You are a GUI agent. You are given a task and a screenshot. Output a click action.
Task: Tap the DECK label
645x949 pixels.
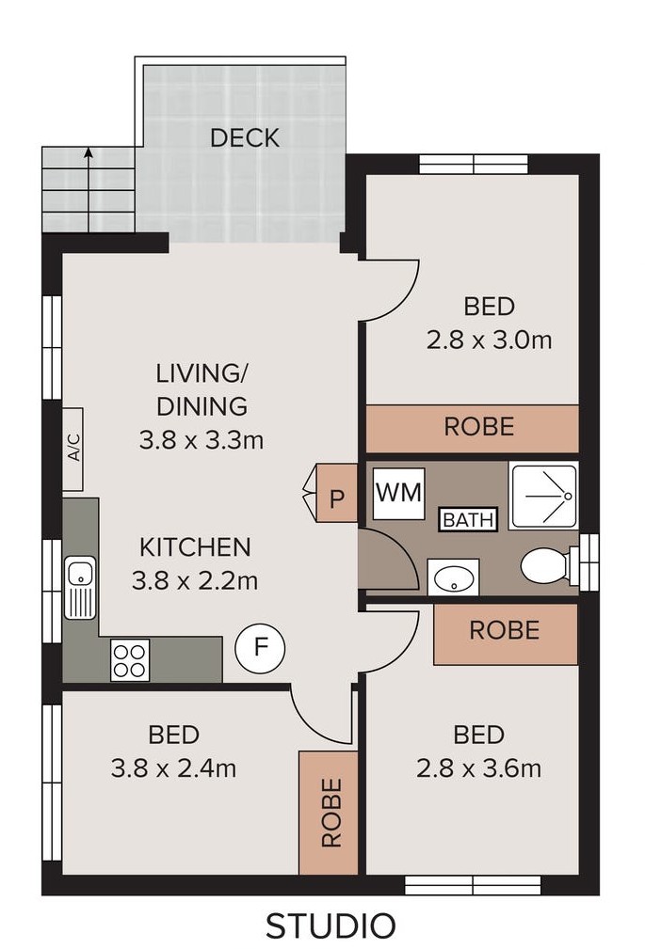(x=245, y=138)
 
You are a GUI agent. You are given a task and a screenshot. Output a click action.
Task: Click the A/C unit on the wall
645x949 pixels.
(x=73, y=449)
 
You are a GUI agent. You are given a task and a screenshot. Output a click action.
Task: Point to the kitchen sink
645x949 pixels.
(x=80, y=587)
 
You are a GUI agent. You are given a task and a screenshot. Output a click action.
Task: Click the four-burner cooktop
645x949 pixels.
(x=130, y=660)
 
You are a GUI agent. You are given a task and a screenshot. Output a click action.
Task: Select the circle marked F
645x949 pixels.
(x=260, y=648)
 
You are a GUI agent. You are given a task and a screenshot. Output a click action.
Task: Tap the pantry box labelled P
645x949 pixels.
(x=334, y=493)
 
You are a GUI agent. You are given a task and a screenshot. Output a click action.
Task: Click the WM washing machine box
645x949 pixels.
(x=398, y=493)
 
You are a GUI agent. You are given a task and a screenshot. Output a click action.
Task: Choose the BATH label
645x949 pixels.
(x=468, y=519)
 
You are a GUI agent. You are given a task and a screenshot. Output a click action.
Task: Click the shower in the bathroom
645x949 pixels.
(x=543, y=496)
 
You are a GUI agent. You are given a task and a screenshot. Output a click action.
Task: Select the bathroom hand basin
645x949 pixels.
(x=454, y=577)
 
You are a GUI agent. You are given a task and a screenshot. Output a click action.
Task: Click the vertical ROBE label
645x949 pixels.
(x=331, y=813)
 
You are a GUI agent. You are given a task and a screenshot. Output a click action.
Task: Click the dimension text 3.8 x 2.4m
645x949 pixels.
(x=173, y=768)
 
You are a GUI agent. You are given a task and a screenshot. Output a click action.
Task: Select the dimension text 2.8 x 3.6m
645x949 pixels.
(x=479, y=768)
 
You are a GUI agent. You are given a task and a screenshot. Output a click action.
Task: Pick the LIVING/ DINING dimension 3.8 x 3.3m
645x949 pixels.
(x=202, y=439)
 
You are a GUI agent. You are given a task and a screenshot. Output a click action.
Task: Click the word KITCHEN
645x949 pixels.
(x=195, y=547)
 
